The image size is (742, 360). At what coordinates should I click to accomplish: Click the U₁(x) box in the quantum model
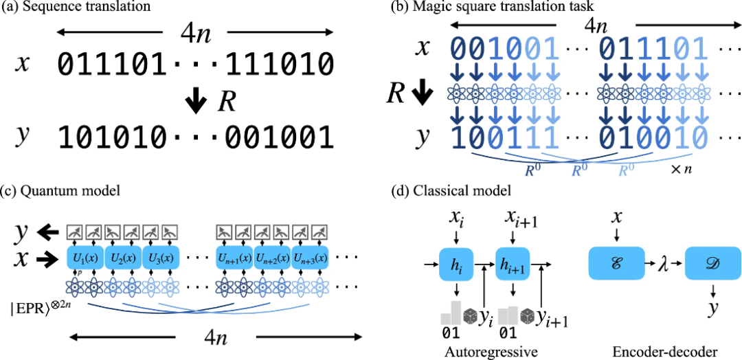[85, 258]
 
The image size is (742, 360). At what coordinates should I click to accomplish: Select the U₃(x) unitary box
[160, 258]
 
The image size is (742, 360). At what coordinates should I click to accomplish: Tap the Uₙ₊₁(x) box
[234, 258]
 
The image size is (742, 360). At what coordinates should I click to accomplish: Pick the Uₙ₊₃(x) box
[311, 258]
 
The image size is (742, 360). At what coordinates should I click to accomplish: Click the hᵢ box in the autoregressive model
[457, 265]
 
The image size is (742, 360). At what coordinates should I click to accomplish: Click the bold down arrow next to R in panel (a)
[197, 103]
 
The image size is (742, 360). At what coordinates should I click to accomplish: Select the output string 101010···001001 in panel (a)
[195, 137]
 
